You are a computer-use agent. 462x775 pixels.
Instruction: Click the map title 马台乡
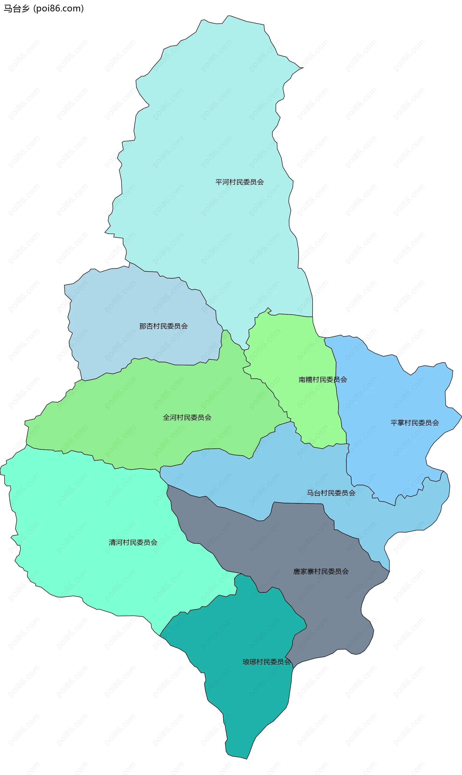pos(17,8)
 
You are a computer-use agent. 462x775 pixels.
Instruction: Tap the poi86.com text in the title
pos(58,8)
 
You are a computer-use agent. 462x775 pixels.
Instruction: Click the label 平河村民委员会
pos(239,182)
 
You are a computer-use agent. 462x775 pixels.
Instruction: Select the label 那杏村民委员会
pos(163,326)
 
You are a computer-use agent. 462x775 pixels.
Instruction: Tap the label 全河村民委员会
pos(187,417)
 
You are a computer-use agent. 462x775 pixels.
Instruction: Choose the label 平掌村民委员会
pos(415,423)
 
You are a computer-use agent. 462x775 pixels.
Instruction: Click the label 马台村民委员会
pos(331,493)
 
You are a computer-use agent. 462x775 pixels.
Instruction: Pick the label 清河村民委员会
pos(133,542)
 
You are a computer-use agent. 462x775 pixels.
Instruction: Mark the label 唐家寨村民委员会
pos(321,571)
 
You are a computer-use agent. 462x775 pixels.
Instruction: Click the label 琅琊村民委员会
pos(266,662)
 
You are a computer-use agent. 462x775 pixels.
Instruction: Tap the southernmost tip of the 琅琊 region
pos(247,759)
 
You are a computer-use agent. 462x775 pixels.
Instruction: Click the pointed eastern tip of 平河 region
pos(303,68)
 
